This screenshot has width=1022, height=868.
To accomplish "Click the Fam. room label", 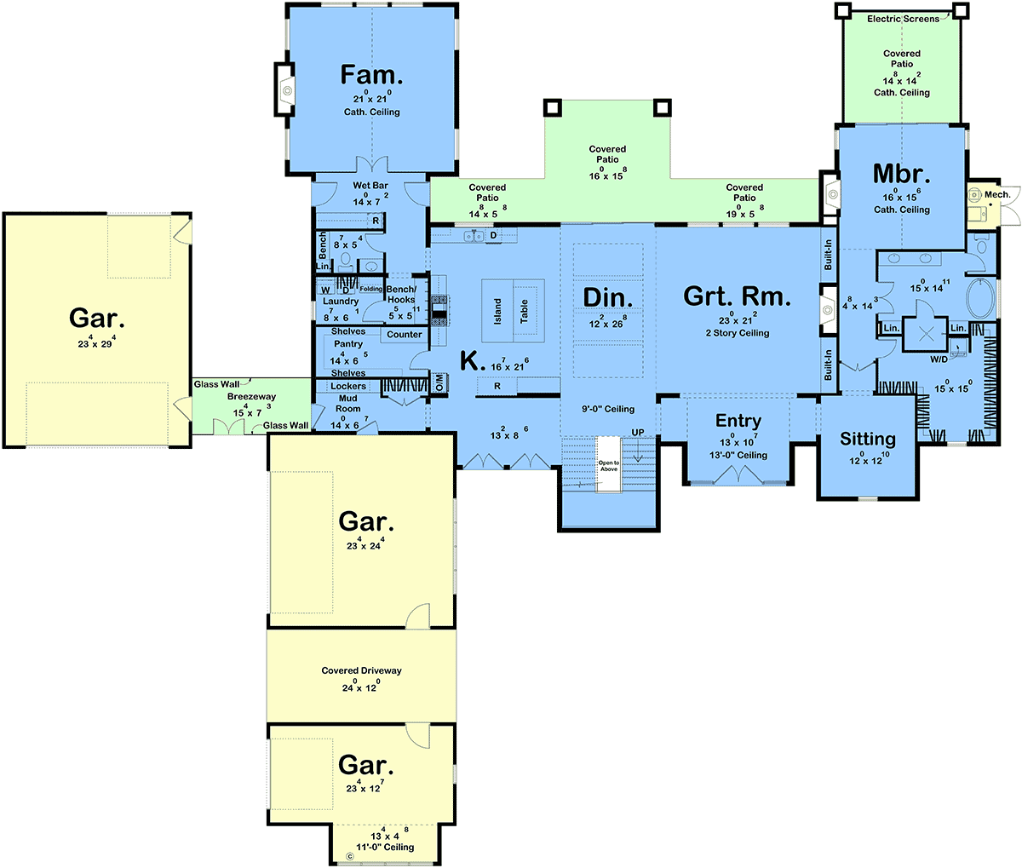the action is coord(371,75).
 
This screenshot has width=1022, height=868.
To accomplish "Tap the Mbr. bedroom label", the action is coord(901,174).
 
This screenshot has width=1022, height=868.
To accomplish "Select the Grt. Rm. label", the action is coord(737,296).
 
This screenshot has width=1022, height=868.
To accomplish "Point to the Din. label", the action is coord(607,298).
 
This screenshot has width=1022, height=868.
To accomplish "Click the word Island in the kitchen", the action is coord(497,312).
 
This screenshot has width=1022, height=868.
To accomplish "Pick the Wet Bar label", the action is coord(370,186).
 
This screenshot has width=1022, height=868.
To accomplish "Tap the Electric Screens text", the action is coord(903,19).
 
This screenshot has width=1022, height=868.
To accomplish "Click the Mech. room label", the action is coord(997,194).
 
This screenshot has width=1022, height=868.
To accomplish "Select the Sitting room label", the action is coord(868,440).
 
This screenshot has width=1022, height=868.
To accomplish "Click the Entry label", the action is coord(738,421).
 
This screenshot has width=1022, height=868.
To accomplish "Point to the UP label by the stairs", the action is coord(638,432).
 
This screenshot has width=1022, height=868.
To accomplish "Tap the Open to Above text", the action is coord(609,466).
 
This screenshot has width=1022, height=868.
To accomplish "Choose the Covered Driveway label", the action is coord(361,670).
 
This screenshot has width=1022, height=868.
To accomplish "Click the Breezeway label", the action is coord(252,396).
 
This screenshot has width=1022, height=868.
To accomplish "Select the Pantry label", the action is coord(348,344).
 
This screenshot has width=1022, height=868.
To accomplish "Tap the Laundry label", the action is coord(341,302).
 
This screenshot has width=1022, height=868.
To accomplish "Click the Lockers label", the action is coord(348,386).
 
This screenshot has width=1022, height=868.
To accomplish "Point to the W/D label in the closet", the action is coord(939,359).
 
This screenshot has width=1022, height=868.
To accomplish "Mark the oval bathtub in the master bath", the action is coord(980,298).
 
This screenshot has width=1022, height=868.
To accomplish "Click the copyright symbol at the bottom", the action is coord(349,857).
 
